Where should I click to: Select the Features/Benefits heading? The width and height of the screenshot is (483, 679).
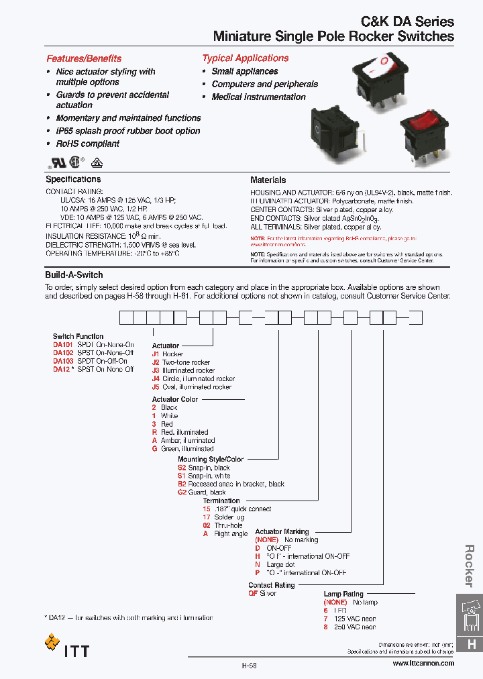pos(84,58)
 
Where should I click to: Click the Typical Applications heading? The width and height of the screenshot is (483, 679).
pos(245,58)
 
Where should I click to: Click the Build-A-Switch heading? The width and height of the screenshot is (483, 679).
pos(74,275)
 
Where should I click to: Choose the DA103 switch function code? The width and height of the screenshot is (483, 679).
pos(63,361)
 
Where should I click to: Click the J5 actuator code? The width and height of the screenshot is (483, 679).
pos(156,387)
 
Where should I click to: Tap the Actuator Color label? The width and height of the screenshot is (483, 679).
pos(175,399)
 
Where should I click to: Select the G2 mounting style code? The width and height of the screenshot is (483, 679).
pos(182,492)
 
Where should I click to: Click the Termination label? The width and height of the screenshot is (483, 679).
pos(221,501)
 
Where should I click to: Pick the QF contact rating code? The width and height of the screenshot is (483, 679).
pos(253,594)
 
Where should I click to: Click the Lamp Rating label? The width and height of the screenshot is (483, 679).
pos(343,594)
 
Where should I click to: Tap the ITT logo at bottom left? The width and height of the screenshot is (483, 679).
pos(66,649)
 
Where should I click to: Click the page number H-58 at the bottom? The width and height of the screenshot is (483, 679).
pos(250,666)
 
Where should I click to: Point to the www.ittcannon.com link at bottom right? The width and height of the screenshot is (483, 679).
pos(423,663)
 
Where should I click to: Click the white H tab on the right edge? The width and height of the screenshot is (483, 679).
pos(471,644)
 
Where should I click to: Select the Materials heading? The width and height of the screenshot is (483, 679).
pos(268,180)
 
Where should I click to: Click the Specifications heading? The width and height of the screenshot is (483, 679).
pos(73,179)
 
